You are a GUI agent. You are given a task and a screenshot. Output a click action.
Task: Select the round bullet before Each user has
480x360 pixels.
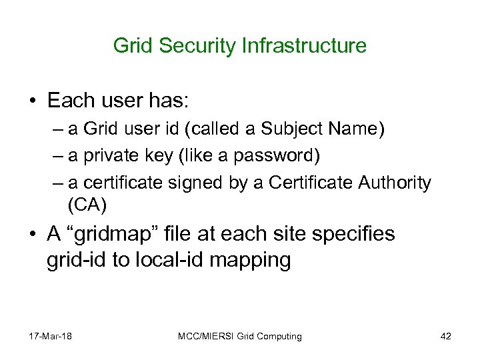click(x=33, y=101)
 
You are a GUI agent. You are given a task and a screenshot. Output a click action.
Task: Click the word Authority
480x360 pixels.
click(x=393, y=182)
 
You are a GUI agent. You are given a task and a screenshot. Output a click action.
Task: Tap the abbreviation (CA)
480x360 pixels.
click(x=86, y=203)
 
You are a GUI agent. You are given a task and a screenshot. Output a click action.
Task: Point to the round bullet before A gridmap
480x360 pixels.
click(x=33, y=235)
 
